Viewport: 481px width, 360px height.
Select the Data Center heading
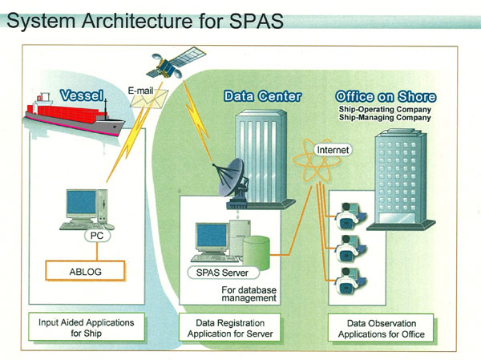coord(262,97)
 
